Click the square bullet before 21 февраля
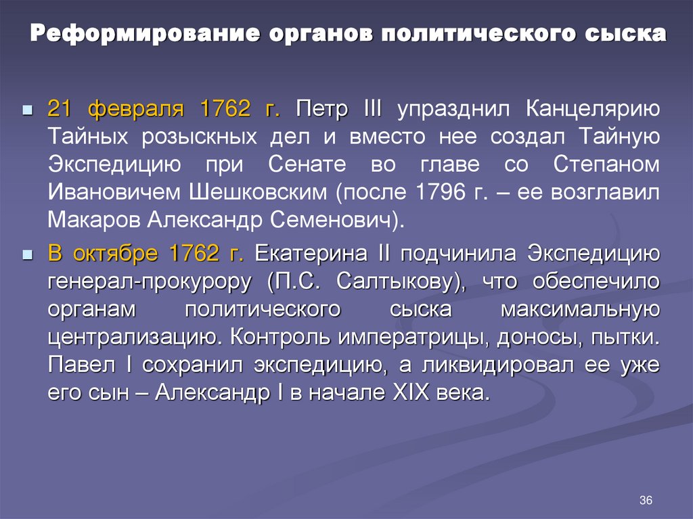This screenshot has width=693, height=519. (x=27, y=110)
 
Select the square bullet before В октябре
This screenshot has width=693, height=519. (x=27, y=255)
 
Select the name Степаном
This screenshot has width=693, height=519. (x=606, y=164)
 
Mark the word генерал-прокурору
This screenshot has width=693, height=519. (x=146, y=281)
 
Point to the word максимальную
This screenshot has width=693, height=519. (x=580, y=309)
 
